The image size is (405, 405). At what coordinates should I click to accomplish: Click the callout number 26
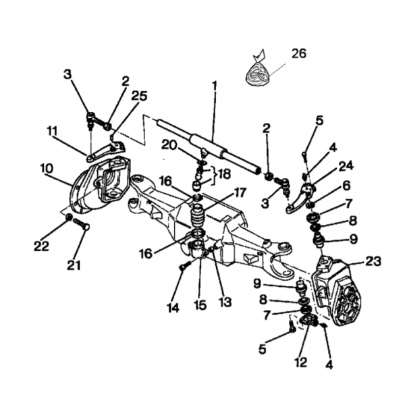coord(299,54)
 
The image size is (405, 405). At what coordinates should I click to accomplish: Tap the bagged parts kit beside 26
coord(258,72)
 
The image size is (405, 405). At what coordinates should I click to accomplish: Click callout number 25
coord(139,96)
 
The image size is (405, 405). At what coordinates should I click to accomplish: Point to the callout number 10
coord(47,168)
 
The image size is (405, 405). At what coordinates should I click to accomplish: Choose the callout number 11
coord(53,131)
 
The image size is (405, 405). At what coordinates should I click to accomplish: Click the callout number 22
coord(41,246)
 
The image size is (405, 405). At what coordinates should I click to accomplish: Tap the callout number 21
coord(74,265)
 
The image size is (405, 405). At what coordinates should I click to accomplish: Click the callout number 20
coord(169,145)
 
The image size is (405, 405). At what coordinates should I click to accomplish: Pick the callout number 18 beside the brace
coord(225,174)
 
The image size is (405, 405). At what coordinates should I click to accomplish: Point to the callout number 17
coord(240,192)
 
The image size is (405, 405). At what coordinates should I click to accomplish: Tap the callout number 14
coord(173,308)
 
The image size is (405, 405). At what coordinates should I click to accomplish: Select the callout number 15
coord(200,305)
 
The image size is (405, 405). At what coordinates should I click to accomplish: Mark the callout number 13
coord(225,302)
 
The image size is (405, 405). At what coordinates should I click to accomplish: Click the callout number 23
coord(373,261)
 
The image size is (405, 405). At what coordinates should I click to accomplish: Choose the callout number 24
coord(346,165)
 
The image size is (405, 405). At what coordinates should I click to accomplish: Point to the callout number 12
coord(301,362)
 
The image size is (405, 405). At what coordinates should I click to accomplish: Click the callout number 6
coord(347,186)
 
